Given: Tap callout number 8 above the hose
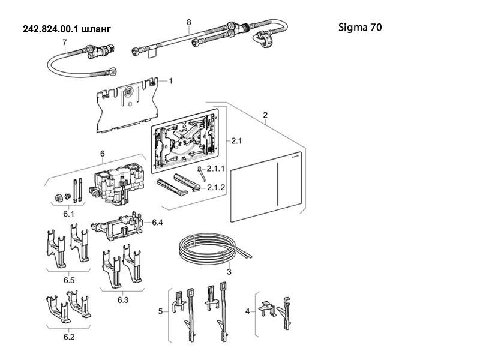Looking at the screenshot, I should point(188,22).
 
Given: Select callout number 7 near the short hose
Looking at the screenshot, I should point(64,43).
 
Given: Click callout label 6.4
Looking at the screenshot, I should point(157,223).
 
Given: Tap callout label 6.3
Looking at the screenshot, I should point(124,299).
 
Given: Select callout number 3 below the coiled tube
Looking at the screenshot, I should point(229,272).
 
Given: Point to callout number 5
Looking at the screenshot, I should point(160,311).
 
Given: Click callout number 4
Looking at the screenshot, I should point(248,311).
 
